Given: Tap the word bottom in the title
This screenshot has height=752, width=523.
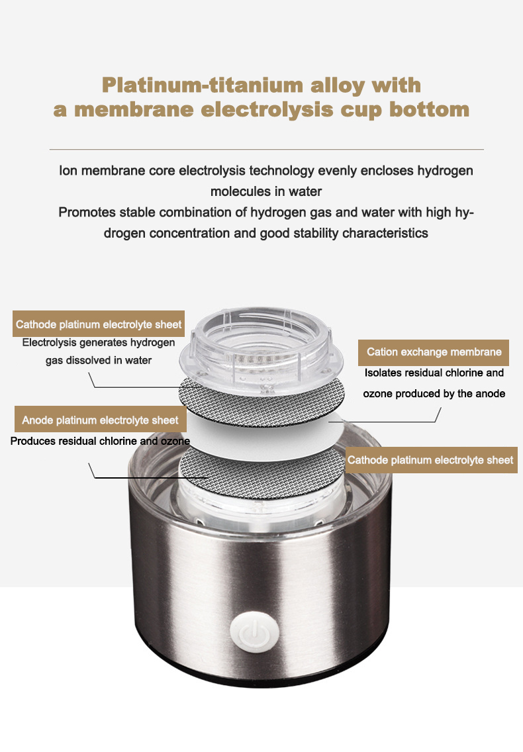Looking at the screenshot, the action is (429, 109).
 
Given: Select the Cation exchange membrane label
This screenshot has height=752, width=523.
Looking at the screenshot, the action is (434, 352).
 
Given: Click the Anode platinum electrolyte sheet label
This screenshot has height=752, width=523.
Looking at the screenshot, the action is (100, 420).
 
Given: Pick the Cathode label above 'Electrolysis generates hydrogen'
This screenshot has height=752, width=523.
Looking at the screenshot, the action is (99, 324).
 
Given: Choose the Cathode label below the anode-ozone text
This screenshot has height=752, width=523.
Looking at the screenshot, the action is (431, 461).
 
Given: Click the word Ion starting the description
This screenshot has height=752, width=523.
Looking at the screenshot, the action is (68, 171).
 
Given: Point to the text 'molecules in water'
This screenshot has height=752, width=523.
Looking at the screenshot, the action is (266, 191).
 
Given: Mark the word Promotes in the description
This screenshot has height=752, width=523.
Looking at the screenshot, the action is (87, 212).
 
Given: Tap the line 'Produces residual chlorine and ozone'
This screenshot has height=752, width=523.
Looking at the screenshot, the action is (100, 441).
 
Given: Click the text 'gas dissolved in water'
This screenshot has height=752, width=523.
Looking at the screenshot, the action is (99, 360).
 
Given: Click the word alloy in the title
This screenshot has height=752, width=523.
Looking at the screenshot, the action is (338, 85).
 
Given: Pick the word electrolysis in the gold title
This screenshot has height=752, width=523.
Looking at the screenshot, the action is (266, 109).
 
